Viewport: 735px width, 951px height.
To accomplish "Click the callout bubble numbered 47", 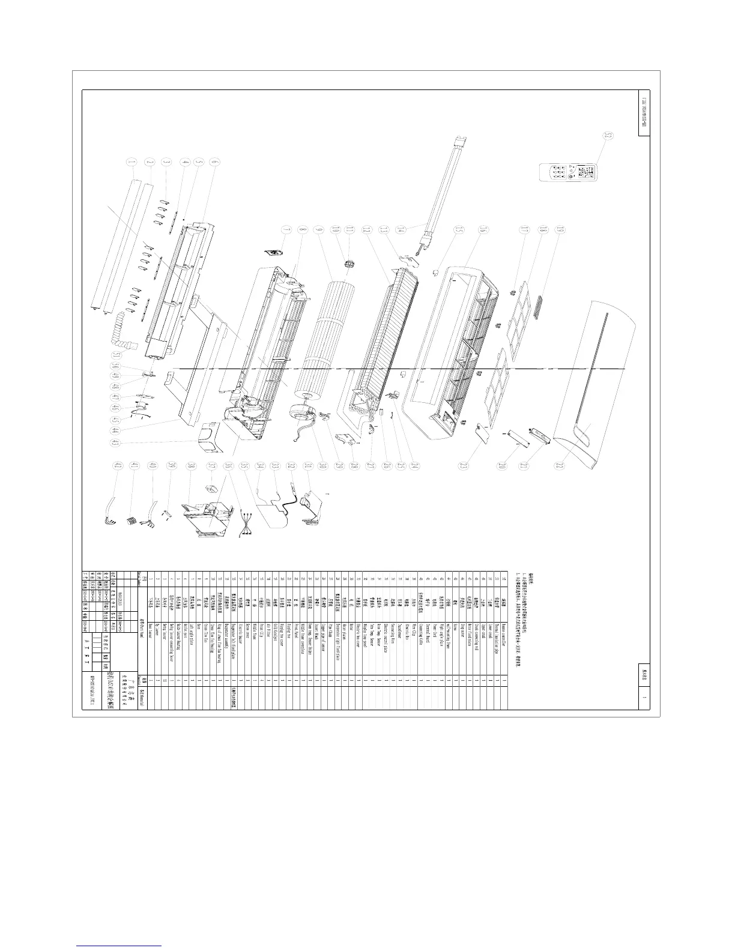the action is (x=115, y=397).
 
